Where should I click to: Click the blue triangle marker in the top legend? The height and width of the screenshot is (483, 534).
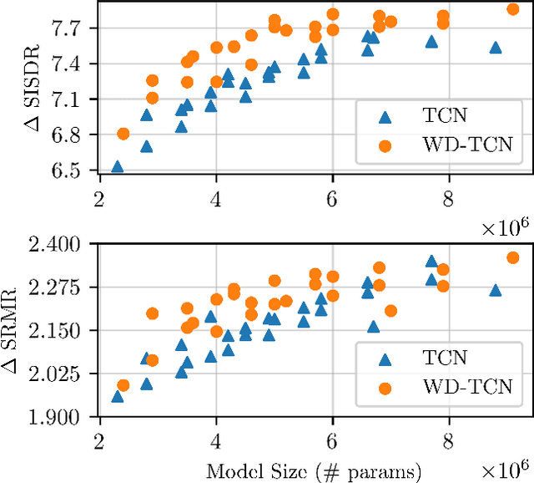click(384, 118)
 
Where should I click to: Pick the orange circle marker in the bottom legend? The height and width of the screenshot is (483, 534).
click(384, 388)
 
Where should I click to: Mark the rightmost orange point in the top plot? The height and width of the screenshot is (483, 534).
click(513, 9)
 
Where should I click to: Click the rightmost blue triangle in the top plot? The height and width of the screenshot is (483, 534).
click(496, 48)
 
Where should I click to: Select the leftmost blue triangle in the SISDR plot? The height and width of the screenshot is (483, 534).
click(118, 166)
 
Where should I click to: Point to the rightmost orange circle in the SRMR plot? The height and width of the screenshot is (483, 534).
click(513, 258)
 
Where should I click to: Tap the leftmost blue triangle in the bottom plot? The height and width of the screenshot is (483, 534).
click(118, 396)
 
